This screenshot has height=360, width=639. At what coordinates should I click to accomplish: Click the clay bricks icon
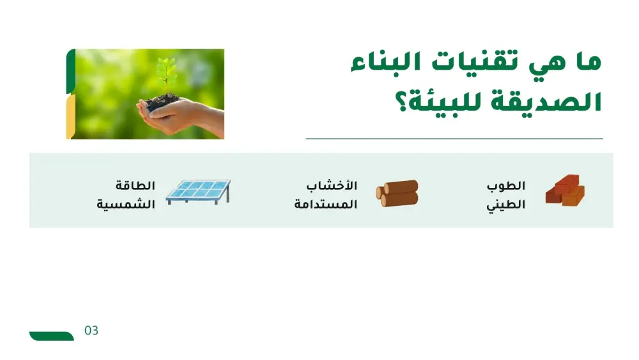coord(564,191)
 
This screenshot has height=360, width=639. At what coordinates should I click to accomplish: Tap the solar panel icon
coord(198,191)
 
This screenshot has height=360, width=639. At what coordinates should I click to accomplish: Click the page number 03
coord(91,331)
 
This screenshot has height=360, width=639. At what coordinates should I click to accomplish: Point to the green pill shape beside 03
coord(51,336)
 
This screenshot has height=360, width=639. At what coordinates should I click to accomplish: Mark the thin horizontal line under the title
coord(454,138)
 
